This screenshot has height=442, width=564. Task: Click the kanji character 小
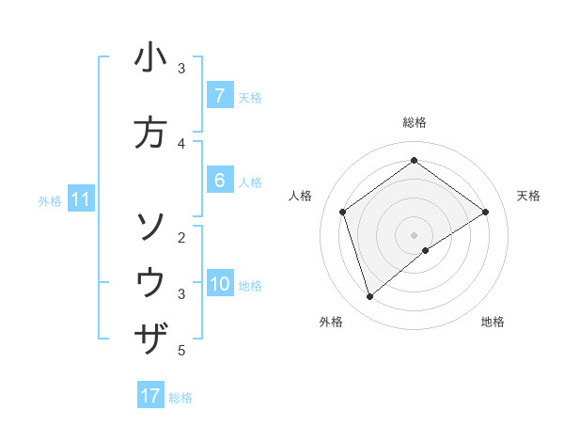pos(150,58)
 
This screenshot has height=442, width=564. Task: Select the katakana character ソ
pos(150,226)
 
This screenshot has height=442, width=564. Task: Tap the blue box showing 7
pos(219,96)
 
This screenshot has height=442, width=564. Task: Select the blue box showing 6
pos(219,181)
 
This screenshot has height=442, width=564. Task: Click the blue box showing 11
pos(81,199)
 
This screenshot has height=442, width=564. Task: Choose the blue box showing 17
pos(150,396)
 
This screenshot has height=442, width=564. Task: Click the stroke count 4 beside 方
pos(181,144)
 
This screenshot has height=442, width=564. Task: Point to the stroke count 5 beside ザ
pos(181,351)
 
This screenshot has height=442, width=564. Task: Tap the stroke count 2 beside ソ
pos(181,237)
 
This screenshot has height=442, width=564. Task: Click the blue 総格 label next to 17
pos(180,398)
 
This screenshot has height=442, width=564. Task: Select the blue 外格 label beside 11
pos(50,200)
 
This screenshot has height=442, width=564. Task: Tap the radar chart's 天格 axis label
pos(528,196)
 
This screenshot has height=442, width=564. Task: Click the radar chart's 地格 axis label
pos(493,322)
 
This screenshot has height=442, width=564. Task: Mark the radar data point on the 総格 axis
pos(414,161)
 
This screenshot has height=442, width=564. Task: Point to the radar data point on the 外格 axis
pos(369,297)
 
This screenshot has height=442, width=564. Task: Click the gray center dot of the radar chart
pos(414,234)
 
